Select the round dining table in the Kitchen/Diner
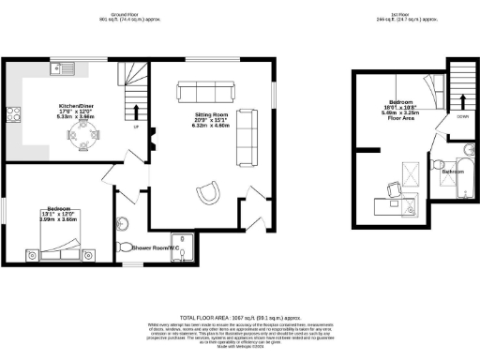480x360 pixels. tap(82, 137)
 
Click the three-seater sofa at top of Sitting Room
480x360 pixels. tap(204, 92)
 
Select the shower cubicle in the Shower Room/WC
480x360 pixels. tap(187, 245)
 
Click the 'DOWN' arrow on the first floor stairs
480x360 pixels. tap(463, 103)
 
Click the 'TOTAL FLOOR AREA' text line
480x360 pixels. tap(239, 319)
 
